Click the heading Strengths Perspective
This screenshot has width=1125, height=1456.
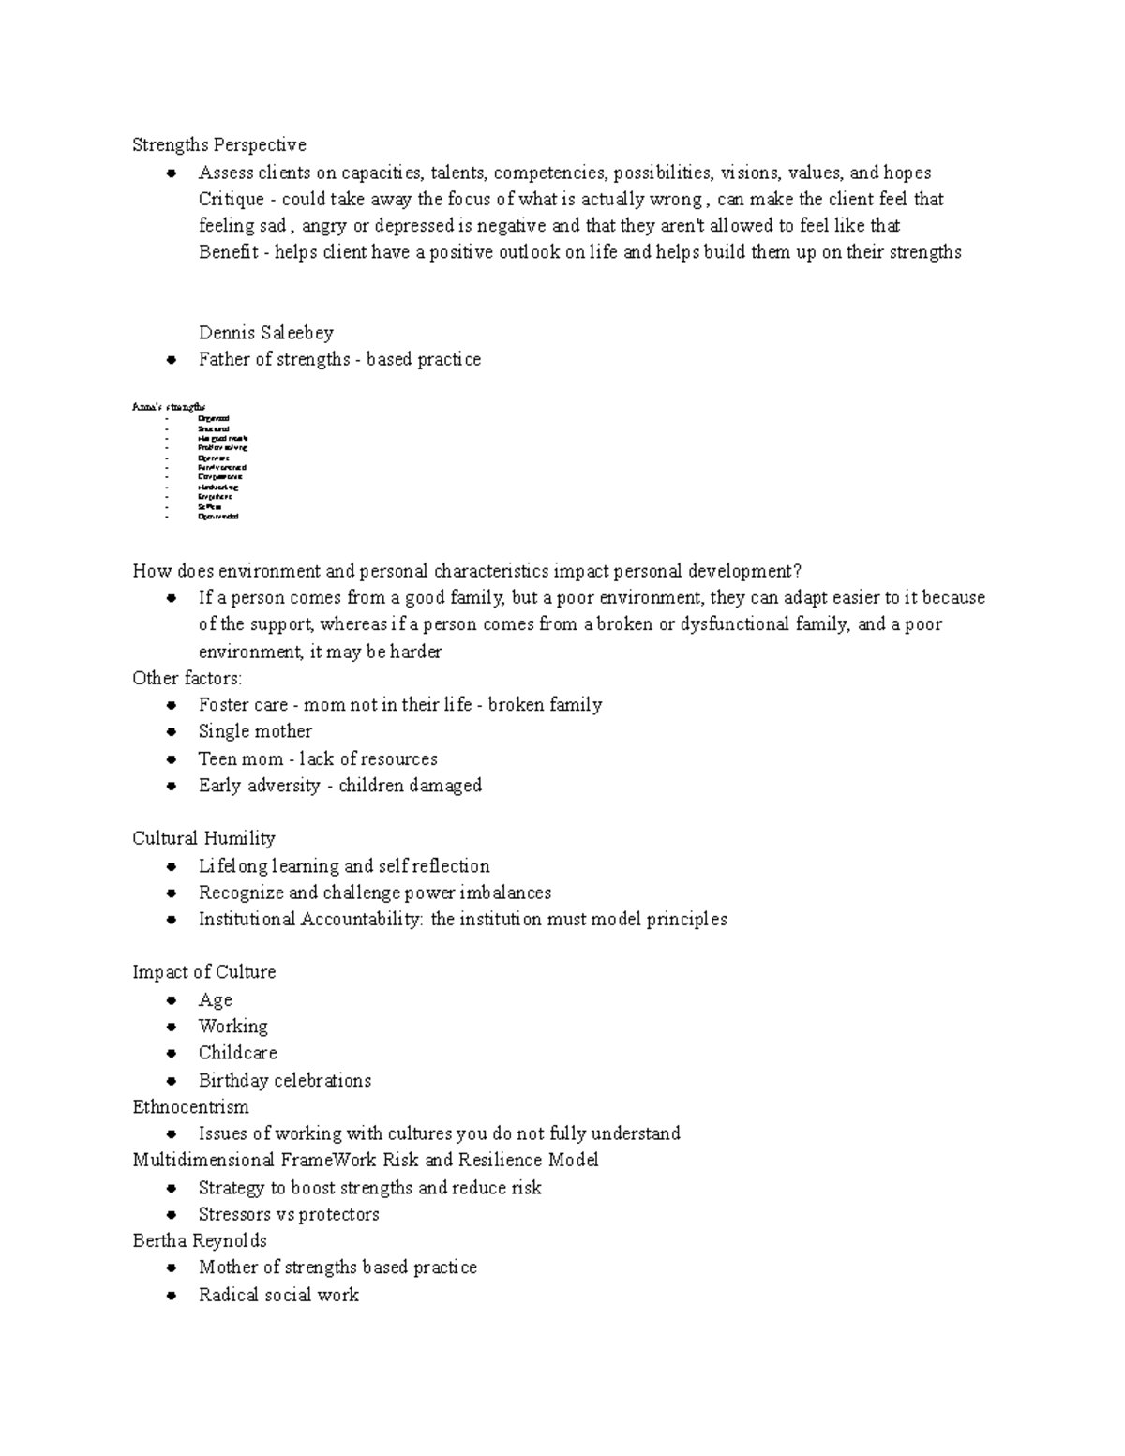(x=219, y=144)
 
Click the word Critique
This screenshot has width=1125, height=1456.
(x=231, y=199)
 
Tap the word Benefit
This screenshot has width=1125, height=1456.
(x=228, y=252)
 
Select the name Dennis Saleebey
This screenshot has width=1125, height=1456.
(x=265, y=333)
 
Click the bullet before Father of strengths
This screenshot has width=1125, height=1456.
(x=172, y=360)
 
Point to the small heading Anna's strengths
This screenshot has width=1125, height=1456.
(x=169, y=407)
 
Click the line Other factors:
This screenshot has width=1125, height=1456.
(x=187, y=678)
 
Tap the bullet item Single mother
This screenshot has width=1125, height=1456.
(x=255, y=731)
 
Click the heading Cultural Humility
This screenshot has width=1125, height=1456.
(x=203, y=838)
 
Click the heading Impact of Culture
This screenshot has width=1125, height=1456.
(x=203, y=972)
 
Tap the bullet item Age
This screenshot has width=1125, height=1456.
(x=215, y=1000)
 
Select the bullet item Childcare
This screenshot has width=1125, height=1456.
(x=237, y=1053)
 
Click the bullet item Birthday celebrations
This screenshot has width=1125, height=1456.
(x=284, y=1080)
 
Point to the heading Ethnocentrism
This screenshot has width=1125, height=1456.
(x=190, y=1107)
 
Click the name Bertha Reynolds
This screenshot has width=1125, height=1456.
(x=200, y=1240)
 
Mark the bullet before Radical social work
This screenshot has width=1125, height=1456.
(x=172, y=1296)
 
